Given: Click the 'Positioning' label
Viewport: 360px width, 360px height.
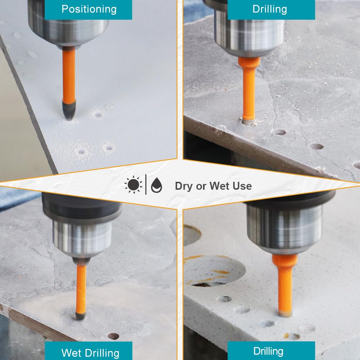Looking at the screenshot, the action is click(x=89, y=9).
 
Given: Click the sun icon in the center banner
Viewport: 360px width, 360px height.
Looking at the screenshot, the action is click(x=134, y=185).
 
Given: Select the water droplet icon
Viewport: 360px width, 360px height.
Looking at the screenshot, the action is click(x=157, y=185).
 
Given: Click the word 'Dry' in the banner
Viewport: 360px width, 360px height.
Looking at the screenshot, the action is click(x=184, y=186).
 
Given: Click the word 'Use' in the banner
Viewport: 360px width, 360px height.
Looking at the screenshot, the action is click(x=242, y=186).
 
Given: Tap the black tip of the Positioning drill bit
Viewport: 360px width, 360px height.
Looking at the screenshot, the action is click(x=69, y=111).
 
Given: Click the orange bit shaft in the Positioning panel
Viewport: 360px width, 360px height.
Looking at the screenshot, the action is click(x=69, y=75).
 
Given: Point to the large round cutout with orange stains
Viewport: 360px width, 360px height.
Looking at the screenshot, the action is click(x=213, y=271).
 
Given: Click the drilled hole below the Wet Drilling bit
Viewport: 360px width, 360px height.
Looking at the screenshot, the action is click(x=113, y=336).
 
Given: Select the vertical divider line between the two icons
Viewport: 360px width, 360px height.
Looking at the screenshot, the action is click(x=146, y=185).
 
